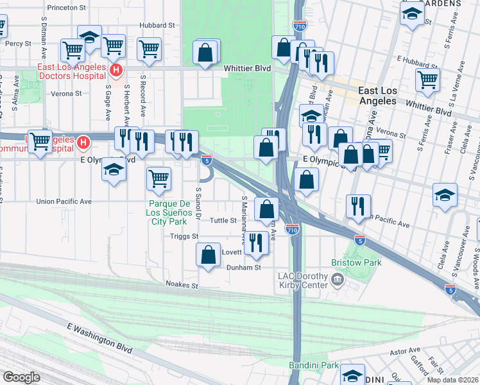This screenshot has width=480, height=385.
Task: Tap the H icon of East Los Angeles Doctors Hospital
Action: (116, 69)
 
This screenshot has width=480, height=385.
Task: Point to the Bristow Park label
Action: (356, 262)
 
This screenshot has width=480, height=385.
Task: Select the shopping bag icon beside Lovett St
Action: (209, 254)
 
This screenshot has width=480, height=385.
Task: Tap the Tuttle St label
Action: (225, 221)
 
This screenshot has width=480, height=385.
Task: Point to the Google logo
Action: (21, 377)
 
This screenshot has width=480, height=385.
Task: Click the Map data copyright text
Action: (450, 380)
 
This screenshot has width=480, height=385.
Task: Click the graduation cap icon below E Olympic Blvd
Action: (114, 170)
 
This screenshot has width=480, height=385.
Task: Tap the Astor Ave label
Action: (404, 352)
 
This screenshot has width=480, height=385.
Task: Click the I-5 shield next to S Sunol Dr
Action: (206, 160)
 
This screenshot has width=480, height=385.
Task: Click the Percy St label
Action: (19, 44)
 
